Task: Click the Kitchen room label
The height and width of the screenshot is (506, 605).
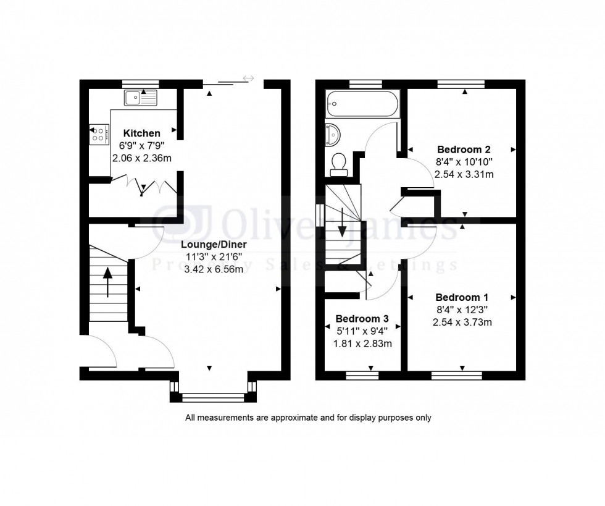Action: tap(141, 133)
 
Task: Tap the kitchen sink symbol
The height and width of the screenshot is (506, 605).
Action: tap(141, 97)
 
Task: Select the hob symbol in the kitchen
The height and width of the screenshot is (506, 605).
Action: tap(98, 134)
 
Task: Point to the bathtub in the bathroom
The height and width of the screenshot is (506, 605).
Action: tap(363, 104)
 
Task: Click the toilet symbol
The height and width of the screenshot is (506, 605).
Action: tap(338, 162)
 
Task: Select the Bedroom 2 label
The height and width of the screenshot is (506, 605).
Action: tap(464, 150)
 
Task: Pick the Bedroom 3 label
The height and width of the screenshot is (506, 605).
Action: tap(362, 319)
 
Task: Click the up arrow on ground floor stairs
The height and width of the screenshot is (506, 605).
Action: tap(109, 282)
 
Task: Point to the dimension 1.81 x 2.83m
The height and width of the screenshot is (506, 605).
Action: tap(362, 344)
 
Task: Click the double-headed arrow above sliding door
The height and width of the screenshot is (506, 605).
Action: tap(249, 78)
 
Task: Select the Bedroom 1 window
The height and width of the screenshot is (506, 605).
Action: tap(456, 374)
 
